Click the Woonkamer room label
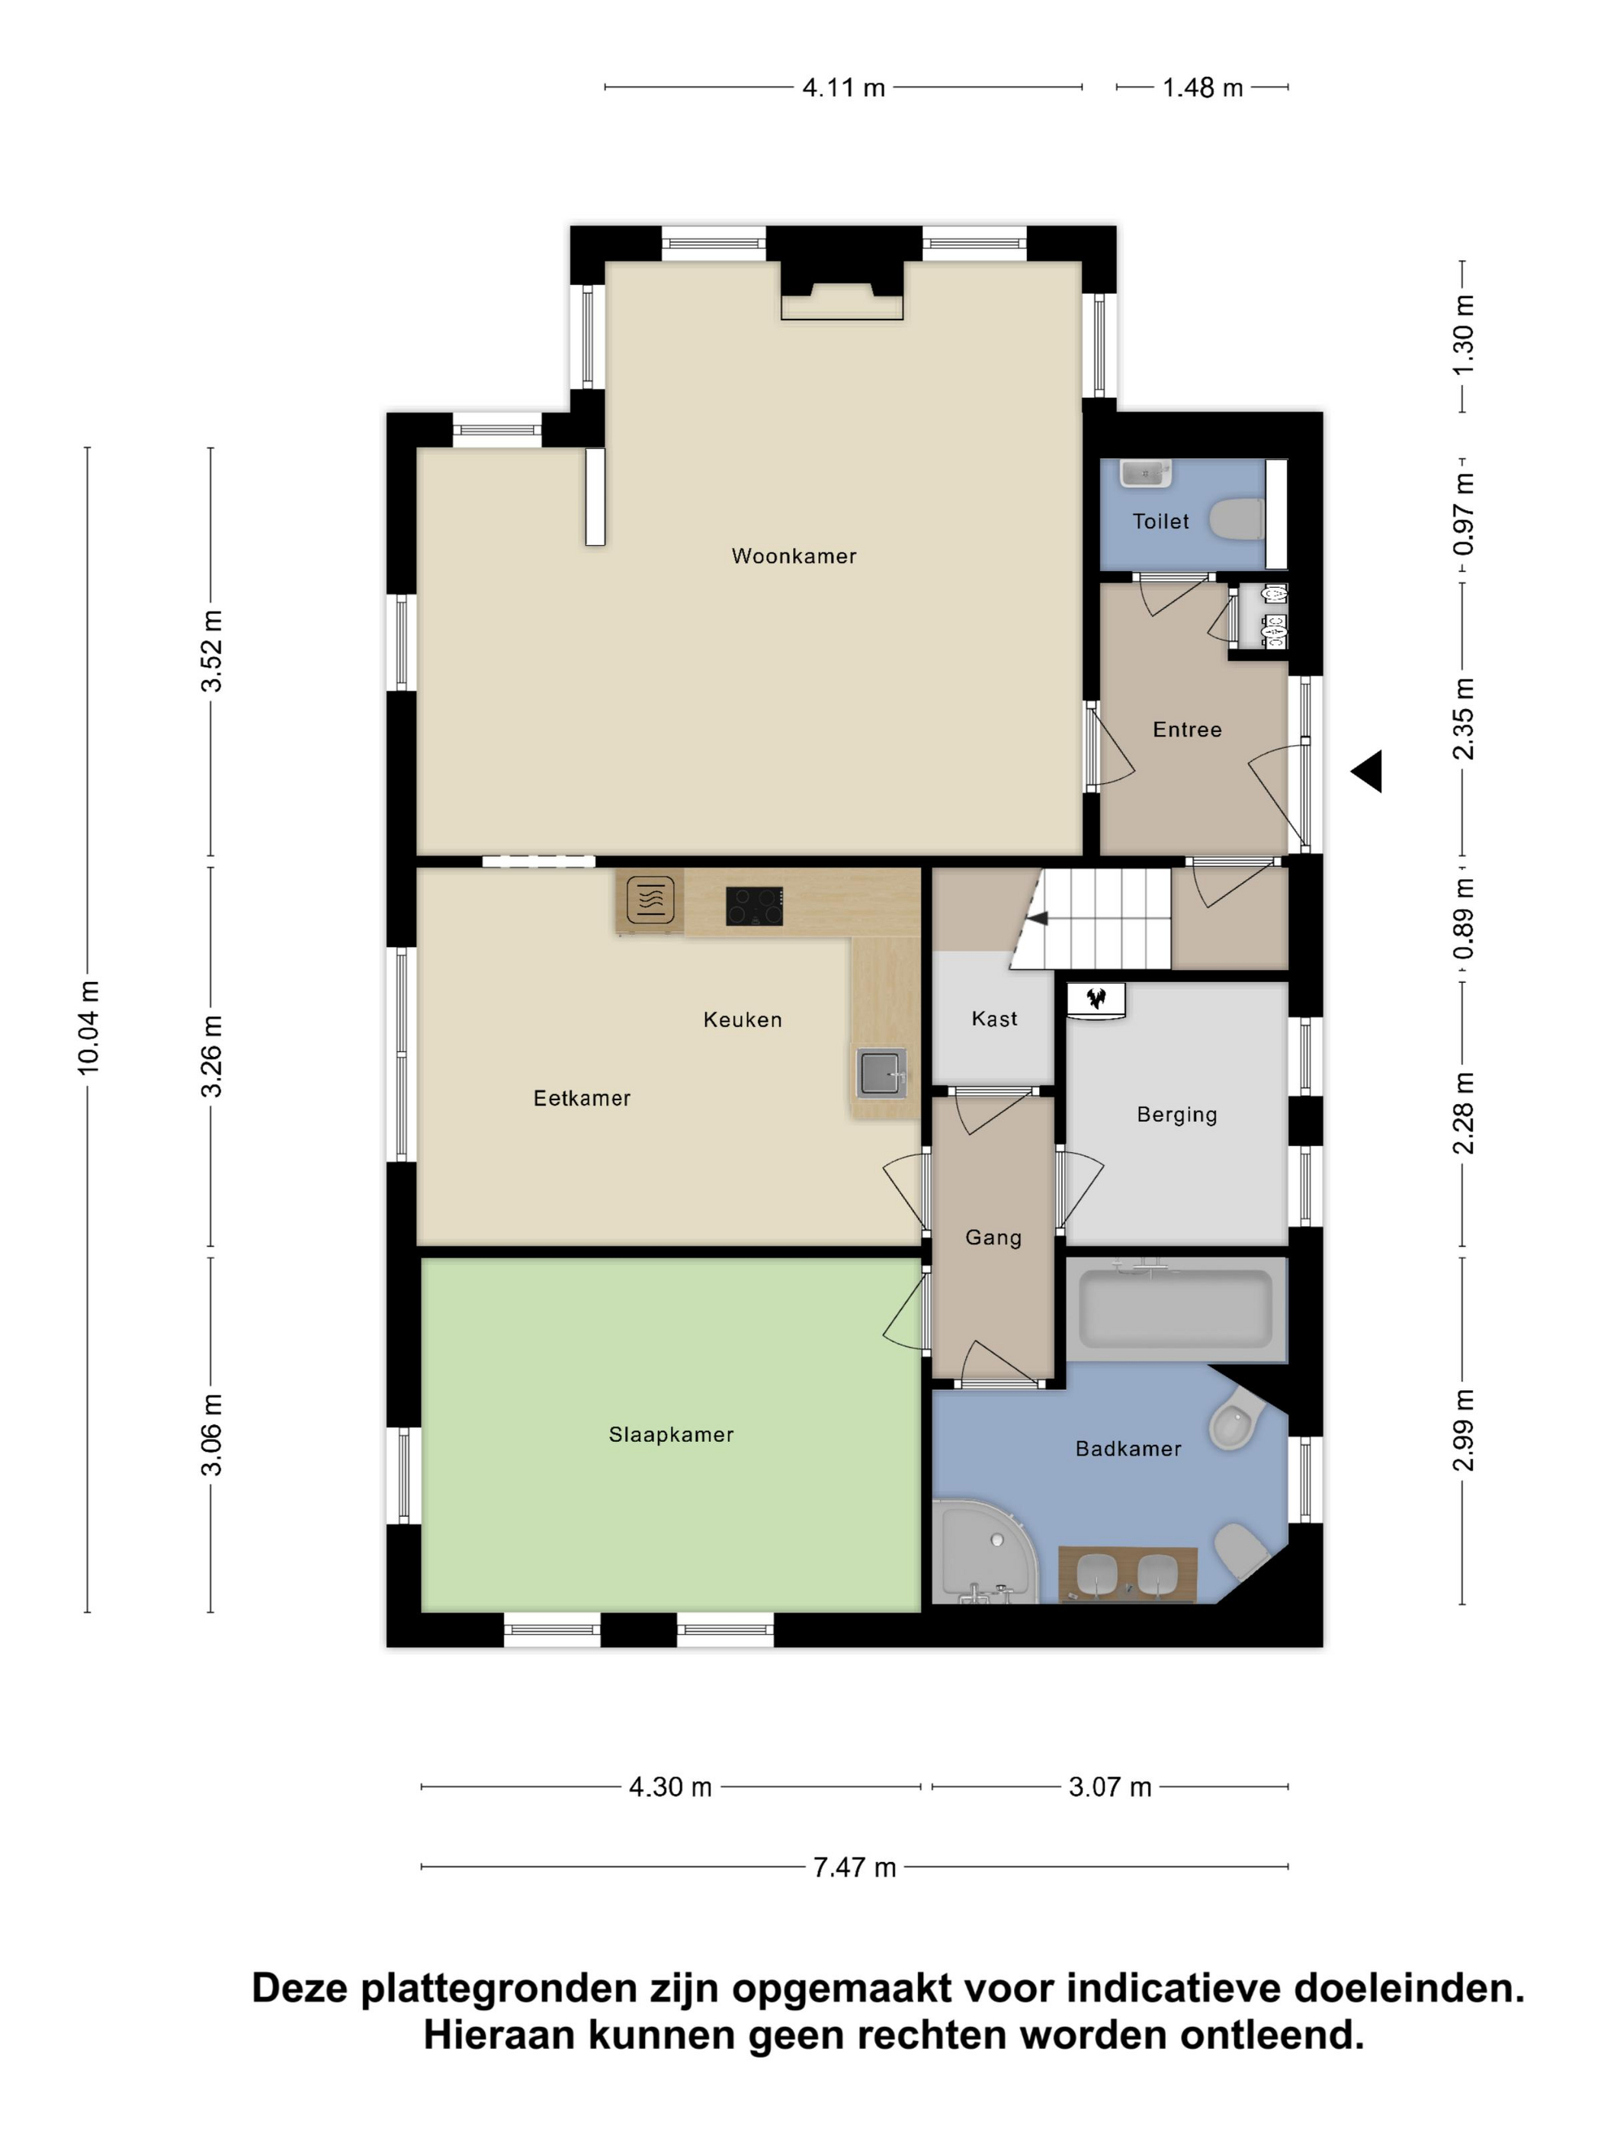(794, 556)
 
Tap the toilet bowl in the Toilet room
(1237, 519)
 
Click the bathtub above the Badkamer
(1176, 1308)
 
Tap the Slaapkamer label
(671, 1434)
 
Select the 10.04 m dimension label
(88, 1027)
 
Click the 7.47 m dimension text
(854, 1867)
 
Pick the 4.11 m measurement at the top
(843, 88)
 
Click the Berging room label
(1176, 1115)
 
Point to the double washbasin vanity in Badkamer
(1127, 1575)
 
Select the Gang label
(993, 1238)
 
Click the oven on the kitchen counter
(650, 900)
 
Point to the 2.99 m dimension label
(1463, 1430)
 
